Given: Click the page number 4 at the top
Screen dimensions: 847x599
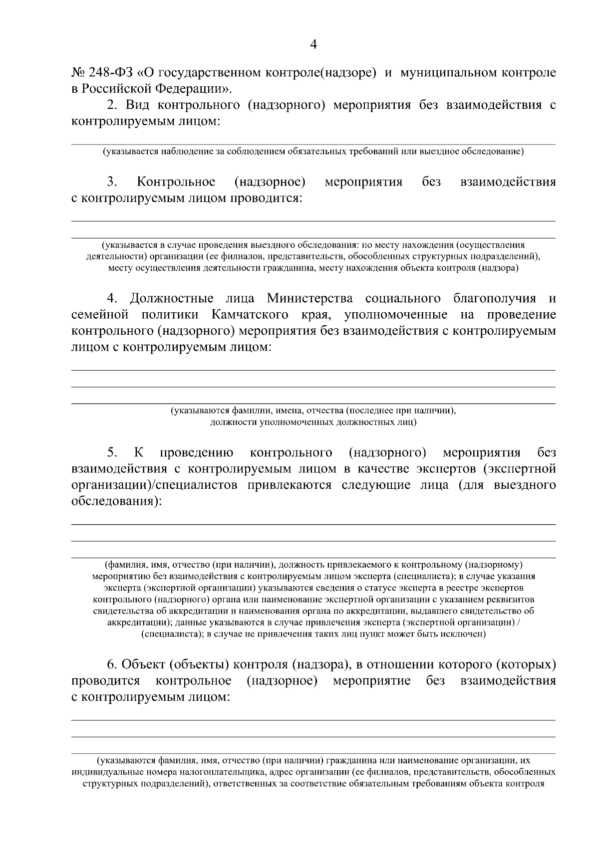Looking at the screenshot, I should (313, 44).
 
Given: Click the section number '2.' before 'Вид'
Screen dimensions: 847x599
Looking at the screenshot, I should (112, 105).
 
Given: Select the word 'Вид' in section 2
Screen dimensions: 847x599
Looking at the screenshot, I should (137, 105).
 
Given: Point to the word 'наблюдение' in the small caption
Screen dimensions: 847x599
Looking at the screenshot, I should (187, 151).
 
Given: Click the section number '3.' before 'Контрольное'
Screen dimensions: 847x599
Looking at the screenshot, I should (112, 182).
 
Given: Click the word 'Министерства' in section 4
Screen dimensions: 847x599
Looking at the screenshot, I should (309, 298).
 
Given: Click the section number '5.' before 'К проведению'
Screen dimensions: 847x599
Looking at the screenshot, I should (112, 452).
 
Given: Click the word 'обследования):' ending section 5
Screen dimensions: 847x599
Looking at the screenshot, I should (117, 501).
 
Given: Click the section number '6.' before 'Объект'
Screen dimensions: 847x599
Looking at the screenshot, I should (112, 664).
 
